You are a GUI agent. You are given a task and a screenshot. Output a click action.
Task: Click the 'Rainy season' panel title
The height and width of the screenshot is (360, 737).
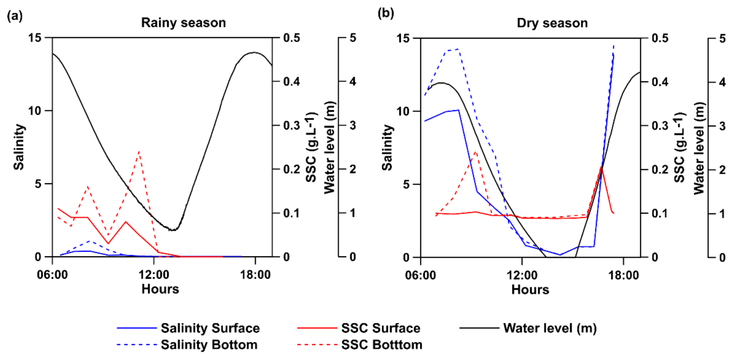183,23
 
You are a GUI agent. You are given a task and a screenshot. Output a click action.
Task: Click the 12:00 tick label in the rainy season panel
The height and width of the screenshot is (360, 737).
154,275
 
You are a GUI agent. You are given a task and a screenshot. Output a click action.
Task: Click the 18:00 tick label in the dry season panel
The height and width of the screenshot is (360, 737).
623,275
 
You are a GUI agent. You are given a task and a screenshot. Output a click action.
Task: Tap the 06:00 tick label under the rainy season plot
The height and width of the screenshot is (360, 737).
52,275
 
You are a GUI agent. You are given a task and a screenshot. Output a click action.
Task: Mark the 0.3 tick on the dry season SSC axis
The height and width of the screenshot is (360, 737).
660,126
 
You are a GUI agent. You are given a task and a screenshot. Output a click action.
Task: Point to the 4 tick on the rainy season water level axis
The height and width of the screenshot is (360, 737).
353,81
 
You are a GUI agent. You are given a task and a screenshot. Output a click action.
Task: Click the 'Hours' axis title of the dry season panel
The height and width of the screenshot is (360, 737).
530,290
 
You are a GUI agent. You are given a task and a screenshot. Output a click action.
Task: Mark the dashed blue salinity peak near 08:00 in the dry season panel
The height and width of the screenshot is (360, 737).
458,49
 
